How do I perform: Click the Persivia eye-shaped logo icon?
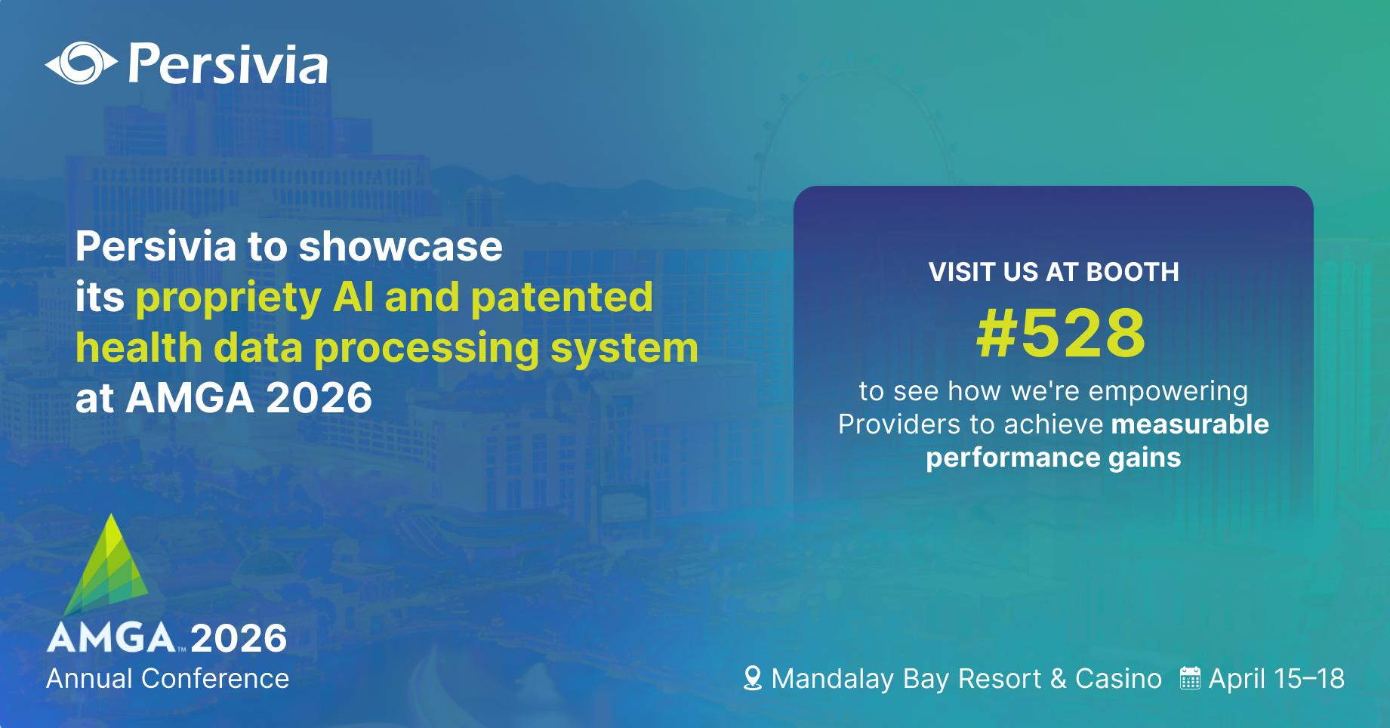[81, 63]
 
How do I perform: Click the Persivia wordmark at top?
[228, 65]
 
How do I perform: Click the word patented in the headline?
[562, 297]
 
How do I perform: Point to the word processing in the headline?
[427, 349]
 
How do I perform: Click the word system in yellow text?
[624, 349]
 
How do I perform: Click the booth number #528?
[1061, 333]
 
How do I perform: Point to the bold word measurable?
[1190, 424]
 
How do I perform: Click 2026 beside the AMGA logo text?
[239, 639]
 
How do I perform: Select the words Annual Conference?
[168, 679]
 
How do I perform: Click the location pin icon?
[752, 678]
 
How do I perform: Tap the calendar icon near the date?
[1190, 678]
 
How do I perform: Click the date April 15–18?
[1276, 679]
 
